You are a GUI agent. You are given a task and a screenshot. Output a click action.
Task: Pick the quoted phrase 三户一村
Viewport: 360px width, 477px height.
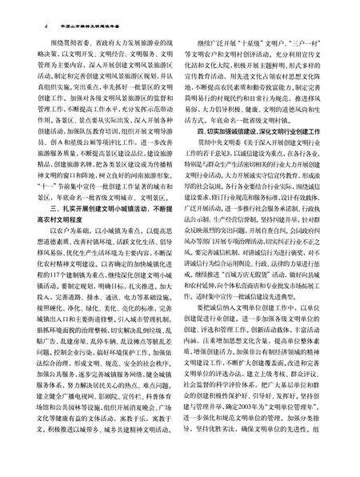point(308,34)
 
